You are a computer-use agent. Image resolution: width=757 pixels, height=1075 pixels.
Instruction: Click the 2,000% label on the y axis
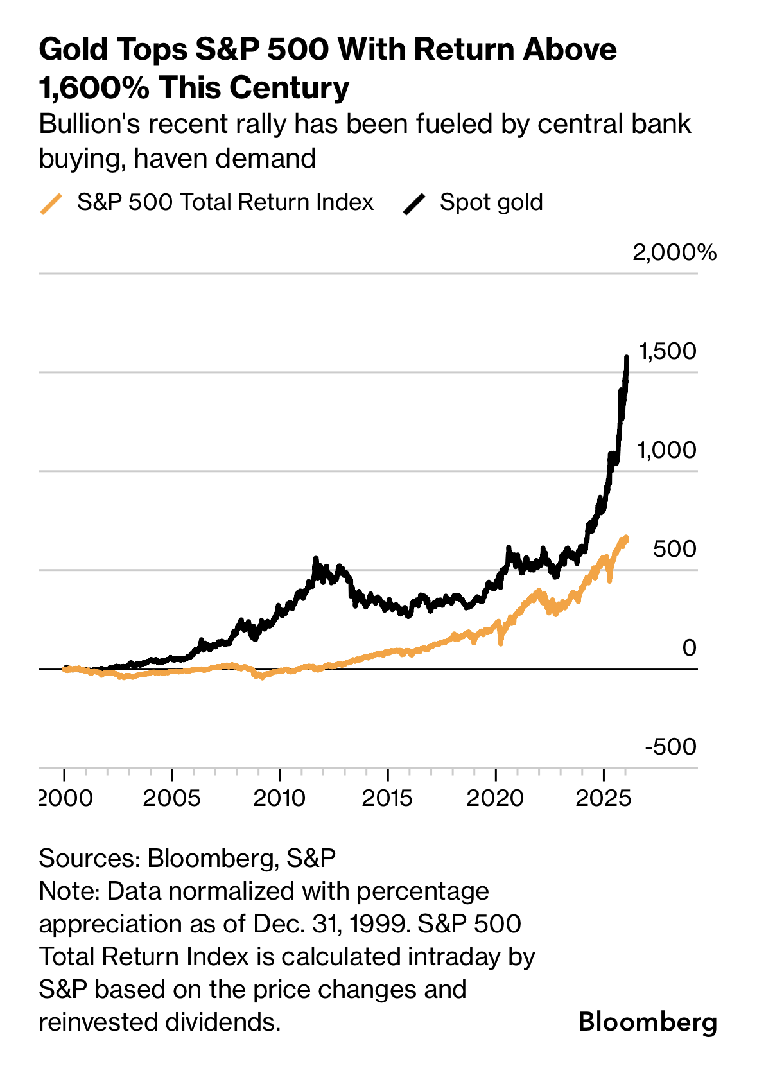[674, 252]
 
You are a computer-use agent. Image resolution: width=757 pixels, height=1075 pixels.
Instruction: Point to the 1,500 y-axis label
[667, 351]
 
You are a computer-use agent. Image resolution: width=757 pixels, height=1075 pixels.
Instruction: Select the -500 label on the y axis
[670, 747]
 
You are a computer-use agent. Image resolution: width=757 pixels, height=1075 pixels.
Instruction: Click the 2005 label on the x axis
[171, 798]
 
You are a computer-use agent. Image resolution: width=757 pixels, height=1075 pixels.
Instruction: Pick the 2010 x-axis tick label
[280, 798]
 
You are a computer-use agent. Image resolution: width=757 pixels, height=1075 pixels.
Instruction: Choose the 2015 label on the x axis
[387, 798]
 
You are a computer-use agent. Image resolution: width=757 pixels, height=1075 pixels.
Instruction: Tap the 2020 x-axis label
[495, 798]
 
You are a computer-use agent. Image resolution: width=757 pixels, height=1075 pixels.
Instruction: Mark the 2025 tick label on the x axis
[603, 798]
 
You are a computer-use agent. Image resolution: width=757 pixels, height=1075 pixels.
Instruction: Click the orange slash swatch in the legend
[51, 204]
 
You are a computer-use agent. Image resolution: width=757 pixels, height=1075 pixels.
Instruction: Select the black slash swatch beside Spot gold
[414, 204]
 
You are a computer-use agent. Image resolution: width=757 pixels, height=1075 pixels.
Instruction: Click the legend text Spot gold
[491, 202]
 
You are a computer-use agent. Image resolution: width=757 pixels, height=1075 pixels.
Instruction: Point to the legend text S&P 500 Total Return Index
[225, 202]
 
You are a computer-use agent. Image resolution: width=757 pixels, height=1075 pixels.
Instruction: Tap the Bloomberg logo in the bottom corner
[647, 1021]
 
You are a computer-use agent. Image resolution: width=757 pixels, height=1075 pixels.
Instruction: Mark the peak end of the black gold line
[627, 357]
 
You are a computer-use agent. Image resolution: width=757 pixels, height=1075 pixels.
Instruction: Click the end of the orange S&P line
[627, 539]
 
